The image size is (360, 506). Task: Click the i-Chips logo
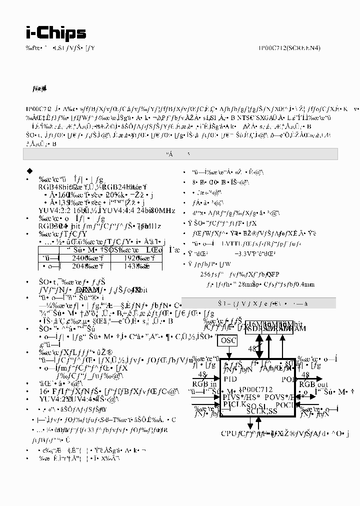click(x=56, y=33)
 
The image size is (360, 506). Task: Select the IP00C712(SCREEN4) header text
click(x=289, y=48)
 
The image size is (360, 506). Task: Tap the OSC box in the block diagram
click(x=228, y=340)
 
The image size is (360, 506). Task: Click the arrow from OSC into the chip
click(x=228, y=352)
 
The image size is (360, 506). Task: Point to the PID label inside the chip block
click(x=230, y=379)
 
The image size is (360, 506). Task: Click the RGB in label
click(x=204, y=384)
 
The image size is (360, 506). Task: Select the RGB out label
click(x=313, y=384)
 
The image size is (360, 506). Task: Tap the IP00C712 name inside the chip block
click(x=257, y=389)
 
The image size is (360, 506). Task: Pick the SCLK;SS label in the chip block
click(x=261, y=411)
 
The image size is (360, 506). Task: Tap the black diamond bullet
click(x=29, y=170)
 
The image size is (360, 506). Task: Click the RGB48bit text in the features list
click(x=55, y=187)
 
